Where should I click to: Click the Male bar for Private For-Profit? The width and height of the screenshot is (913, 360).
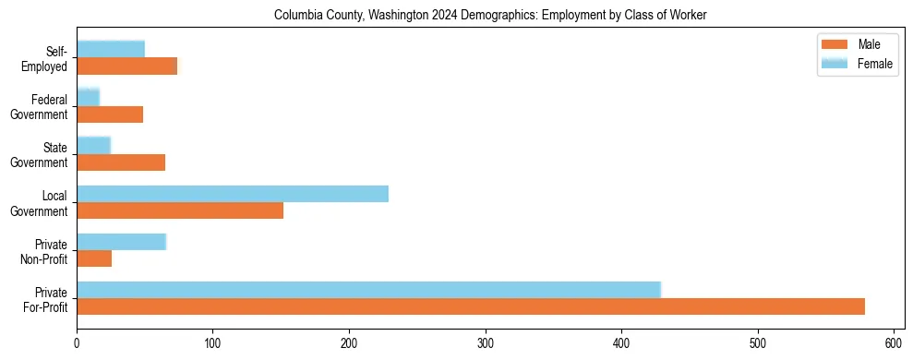[471, 306]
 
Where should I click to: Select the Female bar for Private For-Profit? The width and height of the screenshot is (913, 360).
[368, 290]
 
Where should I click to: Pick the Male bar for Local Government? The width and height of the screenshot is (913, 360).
[180, 210]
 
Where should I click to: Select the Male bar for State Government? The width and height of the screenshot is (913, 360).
[121, 162]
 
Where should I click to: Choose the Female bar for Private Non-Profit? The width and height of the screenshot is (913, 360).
[121, 242]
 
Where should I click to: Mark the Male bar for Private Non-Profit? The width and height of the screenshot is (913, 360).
[94, 258]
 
